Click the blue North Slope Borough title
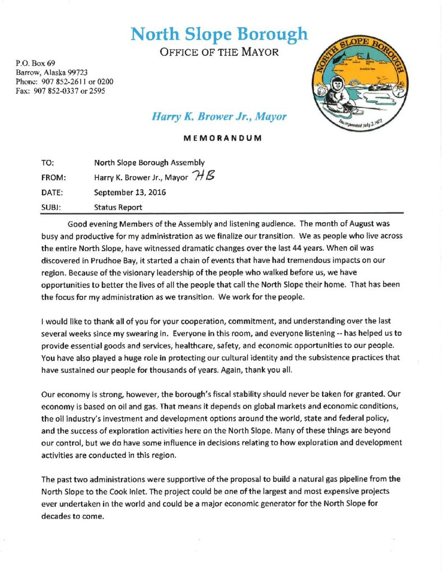219,35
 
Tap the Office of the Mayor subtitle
219,54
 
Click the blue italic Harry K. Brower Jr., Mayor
219,117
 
